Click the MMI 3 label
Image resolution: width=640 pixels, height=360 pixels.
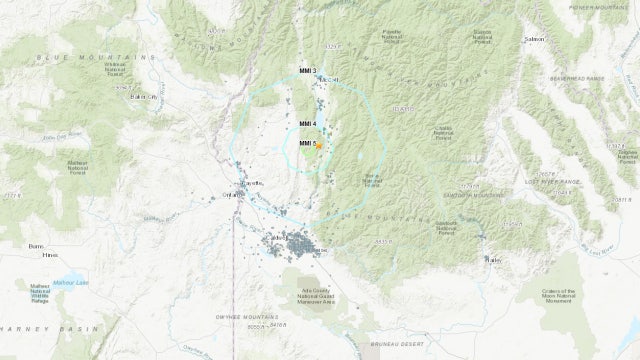(307, 70)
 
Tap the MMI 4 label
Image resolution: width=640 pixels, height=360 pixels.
(307, 124)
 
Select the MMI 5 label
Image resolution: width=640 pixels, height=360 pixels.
(307, 144)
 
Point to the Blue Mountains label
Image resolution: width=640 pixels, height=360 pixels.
(74, 58)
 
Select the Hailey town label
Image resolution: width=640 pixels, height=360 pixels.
(491, 259)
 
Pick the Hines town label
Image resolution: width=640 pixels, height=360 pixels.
(48, 256)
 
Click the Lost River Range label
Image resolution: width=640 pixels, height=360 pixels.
(559, 181)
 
